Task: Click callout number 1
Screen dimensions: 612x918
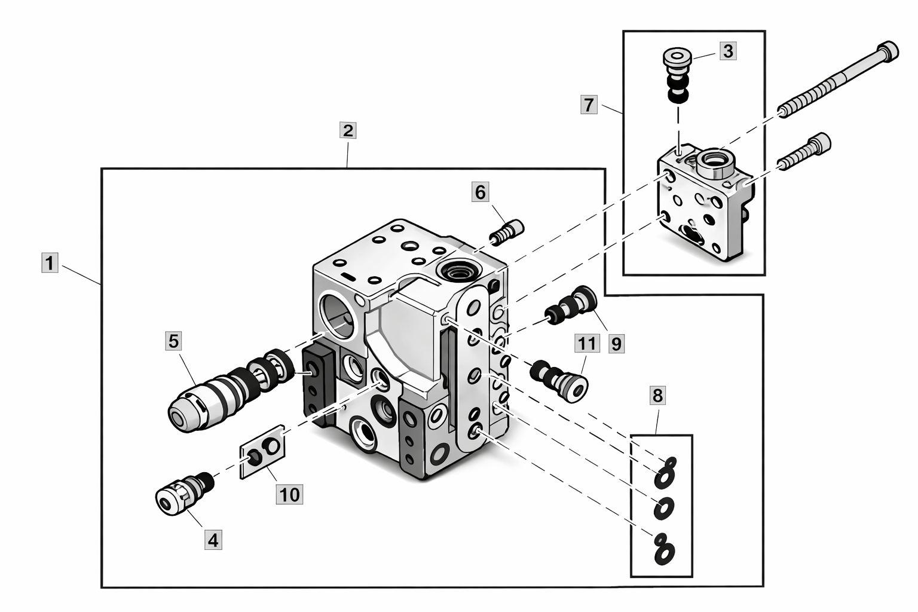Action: (x=50, y=263)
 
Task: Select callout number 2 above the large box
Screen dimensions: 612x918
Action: (x=347, y=130)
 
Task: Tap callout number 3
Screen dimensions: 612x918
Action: (x=727, y=51)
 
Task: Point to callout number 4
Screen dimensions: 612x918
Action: (x=213, y=540)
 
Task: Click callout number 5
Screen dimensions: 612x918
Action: (x=173, y=341)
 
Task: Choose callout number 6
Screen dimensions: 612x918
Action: (x=480, y=192)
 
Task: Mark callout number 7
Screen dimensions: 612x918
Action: (x=589, y=105)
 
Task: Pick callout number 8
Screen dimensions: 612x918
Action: (x=657, y=395)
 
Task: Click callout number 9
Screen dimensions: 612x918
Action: (x=616, y=344)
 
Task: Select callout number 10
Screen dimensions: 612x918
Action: (x=289, y=494)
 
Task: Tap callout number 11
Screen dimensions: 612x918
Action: (x=586, y=344)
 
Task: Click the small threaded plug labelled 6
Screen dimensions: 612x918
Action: (x=507, y=231)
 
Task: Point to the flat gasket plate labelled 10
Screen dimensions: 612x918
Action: (x=262, y=452)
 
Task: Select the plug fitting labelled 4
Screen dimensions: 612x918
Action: (x=179, y=492)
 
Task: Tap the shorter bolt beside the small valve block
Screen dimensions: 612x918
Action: (x=804, y=152)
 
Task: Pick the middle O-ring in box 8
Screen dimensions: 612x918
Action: (x=663, y=509)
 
